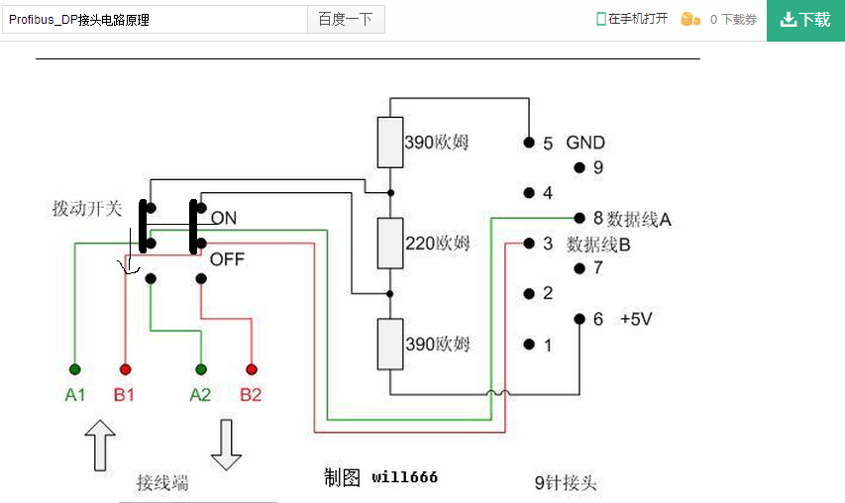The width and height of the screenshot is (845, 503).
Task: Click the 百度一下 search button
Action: click(346, 20)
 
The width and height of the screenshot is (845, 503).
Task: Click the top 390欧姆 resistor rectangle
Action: click(390, 143)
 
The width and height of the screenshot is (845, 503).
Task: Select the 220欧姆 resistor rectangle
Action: click(390, 243)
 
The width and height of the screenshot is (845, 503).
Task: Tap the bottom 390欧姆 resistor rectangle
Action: click(390, 344)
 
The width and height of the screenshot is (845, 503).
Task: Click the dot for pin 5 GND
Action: click(528, 143)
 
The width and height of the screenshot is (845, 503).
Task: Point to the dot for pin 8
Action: click(579, 218)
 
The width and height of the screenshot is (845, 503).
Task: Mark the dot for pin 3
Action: click(528, 243)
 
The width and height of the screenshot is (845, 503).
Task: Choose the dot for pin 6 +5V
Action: click(579, 319)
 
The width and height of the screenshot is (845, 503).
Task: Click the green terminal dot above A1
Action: click(74, 369)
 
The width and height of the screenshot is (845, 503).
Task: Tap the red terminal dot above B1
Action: click(125, 369)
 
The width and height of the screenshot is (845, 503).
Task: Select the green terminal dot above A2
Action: click(201, 369)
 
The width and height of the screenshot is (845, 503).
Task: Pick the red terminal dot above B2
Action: click(252, 369)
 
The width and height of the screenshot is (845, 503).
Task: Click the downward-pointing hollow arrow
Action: click(226, 445)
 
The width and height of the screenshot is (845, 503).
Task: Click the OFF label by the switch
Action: click(227, 259)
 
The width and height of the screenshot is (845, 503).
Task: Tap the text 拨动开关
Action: click(87, 209)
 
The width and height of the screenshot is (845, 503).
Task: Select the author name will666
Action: click(405, 477)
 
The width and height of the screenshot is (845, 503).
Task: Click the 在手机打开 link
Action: click(631, 20)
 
